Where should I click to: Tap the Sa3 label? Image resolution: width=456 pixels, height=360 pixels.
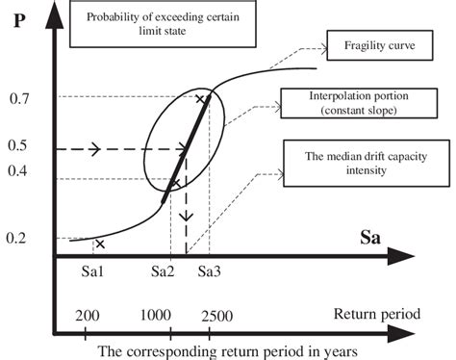tap(210, 274)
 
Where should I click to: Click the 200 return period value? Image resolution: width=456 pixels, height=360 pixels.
tap(86, 314)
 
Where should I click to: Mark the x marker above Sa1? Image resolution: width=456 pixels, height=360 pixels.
tap(100, 244)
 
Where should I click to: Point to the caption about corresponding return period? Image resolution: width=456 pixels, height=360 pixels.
tap(205, 350)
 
